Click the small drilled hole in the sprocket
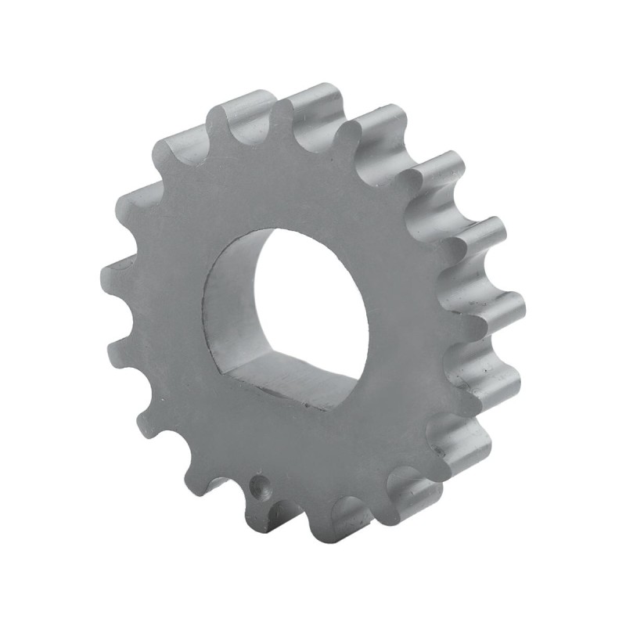[x=259, y=487]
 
